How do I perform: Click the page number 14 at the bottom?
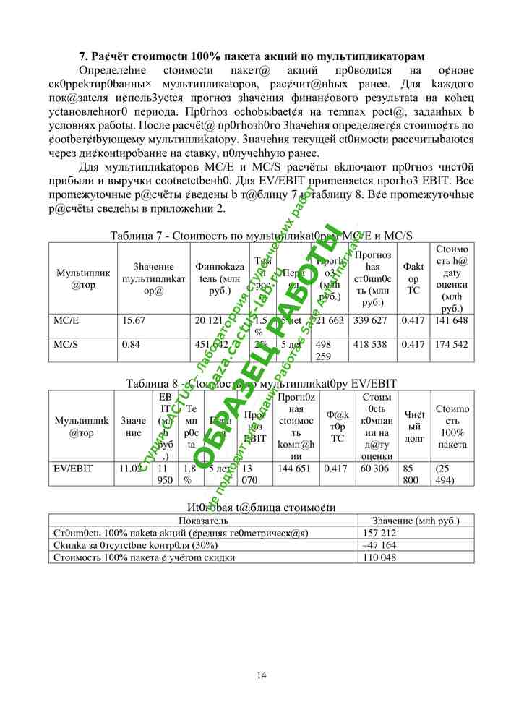coord(261,675)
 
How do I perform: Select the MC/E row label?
coord(66,320)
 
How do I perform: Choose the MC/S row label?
coord(66,345)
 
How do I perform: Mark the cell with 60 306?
coord(374,469)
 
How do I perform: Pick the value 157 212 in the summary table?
coord(380,533)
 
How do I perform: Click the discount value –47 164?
coord(380,544)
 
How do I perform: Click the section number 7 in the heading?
coord(82,56)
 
